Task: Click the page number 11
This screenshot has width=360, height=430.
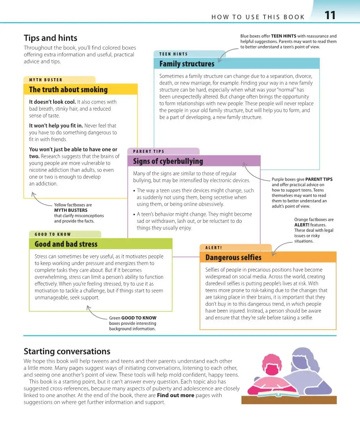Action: point(330,16)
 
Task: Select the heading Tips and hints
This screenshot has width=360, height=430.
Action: point(50,38)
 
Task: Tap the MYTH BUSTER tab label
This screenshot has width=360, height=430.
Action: point(46,80)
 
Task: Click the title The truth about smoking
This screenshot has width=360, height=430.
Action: point(68,90)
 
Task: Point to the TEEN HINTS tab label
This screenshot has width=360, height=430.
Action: point(173,54)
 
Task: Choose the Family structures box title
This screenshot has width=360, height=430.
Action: point(186,64)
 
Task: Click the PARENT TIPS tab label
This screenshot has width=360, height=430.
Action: point(149,151)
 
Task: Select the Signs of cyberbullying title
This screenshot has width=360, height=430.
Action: point(168,161)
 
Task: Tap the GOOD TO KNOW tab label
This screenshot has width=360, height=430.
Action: point(53,234)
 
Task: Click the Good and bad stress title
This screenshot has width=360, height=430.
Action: point(66,244)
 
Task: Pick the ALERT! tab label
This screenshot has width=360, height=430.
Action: point(213,247)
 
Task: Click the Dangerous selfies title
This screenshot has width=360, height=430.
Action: point(233,257)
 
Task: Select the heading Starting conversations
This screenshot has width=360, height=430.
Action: point(67,351)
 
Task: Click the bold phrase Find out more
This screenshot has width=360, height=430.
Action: point(176,395)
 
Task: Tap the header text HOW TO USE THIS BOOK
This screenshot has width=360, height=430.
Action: point(258,17)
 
